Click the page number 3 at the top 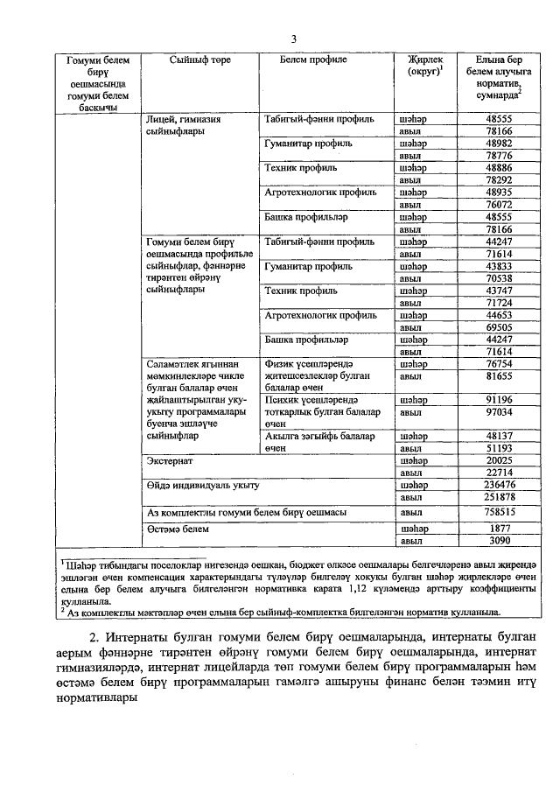click(x=293, y=39)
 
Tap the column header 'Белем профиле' click(x=313, y=60)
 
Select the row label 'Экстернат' click(x=171, y=459)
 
